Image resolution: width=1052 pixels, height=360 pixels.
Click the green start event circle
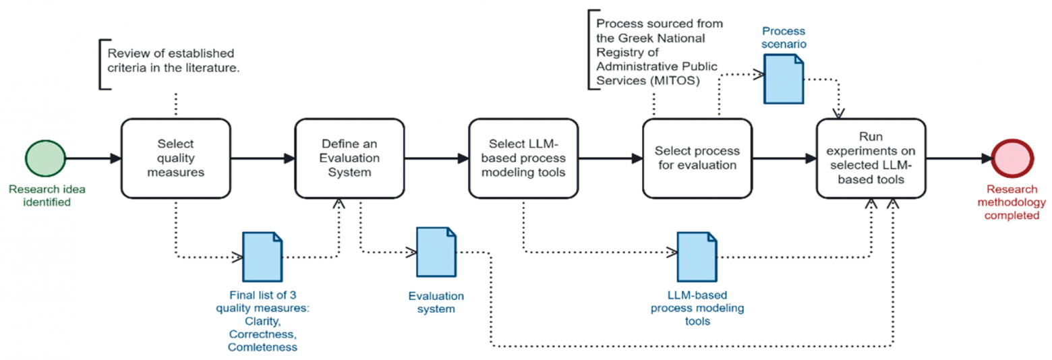(x=46, y=158)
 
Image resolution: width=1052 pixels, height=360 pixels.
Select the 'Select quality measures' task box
(x=176, y=158)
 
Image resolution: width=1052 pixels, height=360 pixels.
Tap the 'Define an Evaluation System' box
(x=349, y=158)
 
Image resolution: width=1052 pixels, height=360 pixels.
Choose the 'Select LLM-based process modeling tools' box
(x=523, y=158)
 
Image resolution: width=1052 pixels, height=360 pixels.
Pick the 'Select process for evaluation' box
(x=697, y=158)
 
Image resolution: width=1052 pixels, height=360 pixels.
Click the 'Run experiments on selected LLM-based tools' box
(x=871, y=158)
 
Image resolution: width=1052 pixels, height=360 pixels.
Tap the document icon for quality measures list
(x=262, y=256)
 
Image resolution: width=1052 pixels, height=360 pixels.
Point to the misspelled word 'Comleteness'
(x=262, y=346)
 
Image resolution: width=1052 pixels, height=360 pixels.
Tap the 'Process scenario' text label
(x=784, y=38)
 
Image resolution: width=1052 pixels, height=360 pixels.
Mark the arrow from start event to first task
(x=94, y=158)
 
